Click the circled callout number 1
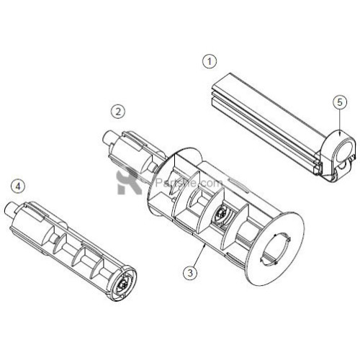pos(209,61)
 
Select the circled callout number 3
pos(189,272)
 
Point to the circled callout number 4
pos(19,185)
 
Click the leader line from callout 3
pos(198,256)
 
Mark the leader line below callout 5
pos(339,119)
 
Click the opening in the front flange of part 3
pos(280,246)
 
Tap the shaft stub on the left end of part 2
pos(109,137)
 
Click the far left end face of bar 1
pos(214,91)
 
